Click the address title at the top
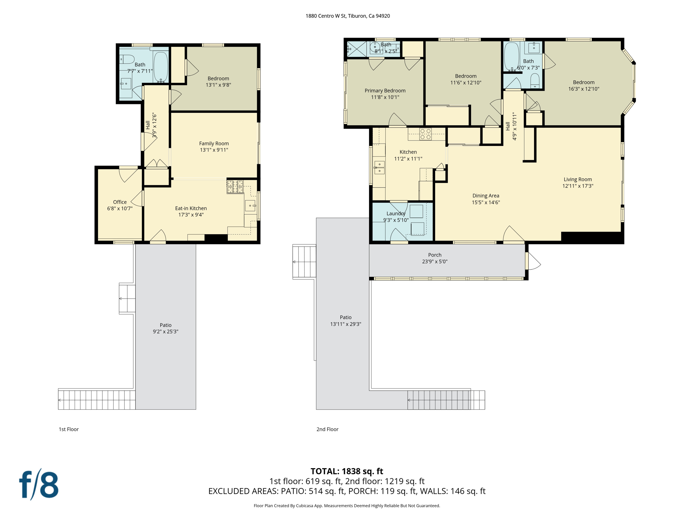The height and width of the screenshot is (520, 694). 347,16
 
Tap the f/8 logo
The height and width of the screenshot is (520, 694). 39,484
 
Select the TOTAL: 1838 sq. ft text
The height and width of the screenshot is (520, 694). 347,471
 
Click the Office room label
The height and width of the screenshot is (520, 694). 120,202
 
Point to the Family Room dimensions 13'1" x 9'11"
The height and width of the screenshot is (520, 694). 214,150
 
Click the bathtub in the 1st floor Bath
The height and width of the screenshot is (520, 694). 161,66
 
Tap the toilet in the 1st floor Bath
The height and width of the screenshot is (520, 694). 127,59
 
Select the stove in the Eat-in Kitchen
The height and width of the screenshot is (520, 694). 235,187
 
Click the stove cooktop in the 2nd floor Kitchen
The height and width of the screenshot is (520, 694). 425,134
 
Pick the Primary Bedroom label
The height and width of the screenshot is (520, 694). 385,90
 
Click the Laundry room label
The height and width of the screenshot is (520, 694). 395,213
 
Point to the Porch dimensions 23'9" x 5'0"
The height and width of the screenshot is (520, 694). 434,261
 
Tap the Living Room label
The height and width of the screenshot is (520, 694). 577,179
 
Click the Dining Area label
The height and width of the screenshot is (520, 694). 486,196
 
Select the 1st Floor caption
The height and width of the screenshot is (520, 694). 69,429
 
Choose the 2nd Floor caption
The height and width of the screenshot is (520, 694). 327,429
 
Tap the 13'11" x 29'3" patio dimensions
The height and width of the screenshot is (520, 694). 346,324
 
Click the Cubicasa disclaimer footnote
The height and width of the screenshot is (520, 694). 347,506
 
